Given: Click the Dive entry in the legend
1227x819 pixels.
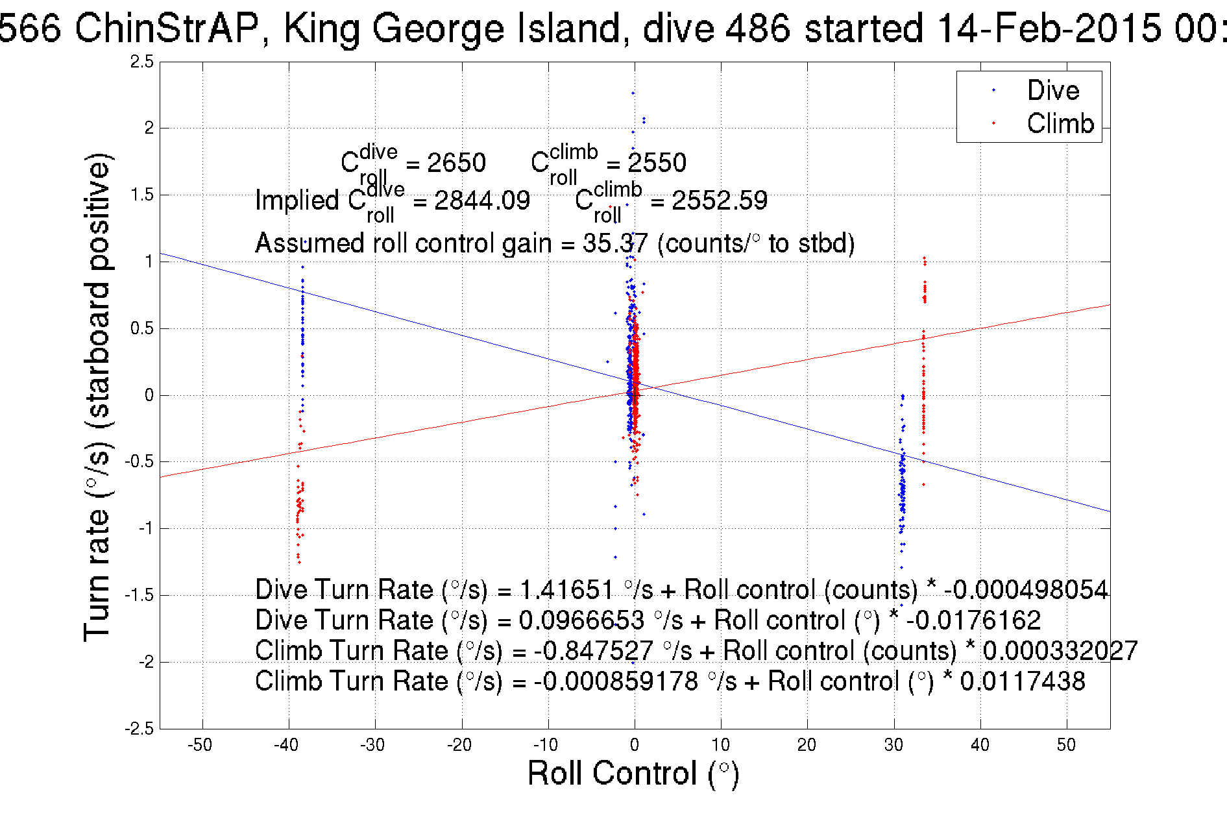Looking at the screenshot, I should click(1052, 90).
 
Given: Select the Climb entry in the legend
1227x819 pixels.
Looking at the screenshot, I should click(1060, 123).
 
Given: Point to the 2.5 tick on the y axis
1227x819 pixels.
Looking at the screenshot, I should click(142, 62).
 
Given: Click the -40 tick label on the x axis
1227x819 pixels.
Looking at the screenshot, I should click(286, 745).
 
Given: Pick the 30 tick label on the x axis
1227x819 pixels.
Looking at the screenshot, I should click(893, 745).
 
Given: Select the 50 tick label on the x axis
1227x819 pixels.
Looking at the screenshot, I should click(1066, 745).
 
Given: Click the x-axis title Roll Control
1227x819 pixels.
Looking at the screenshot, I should click(633, 774).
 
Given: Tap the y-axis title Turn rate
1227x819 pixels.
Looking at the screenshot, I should click(97, 397).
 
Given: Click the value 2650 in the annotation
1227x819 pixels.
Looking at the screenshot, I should click(456, 163).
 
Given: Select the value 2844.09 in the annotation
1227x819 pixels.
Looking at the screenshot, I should click(481, 201).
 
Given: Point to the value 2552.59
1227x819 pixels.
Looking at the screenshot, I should click(719, 201).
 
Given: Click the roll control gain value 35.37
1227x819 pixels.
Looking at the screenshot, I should click(614, 243).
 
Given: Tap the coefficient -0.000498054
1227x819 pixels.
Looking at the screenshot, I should click(1026, 590).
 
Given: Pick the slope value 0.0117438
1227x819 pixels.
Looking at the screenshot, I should click(1022, 681).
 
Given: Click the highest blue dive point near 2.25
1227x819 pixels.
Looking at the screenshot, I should click(633, 93).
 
